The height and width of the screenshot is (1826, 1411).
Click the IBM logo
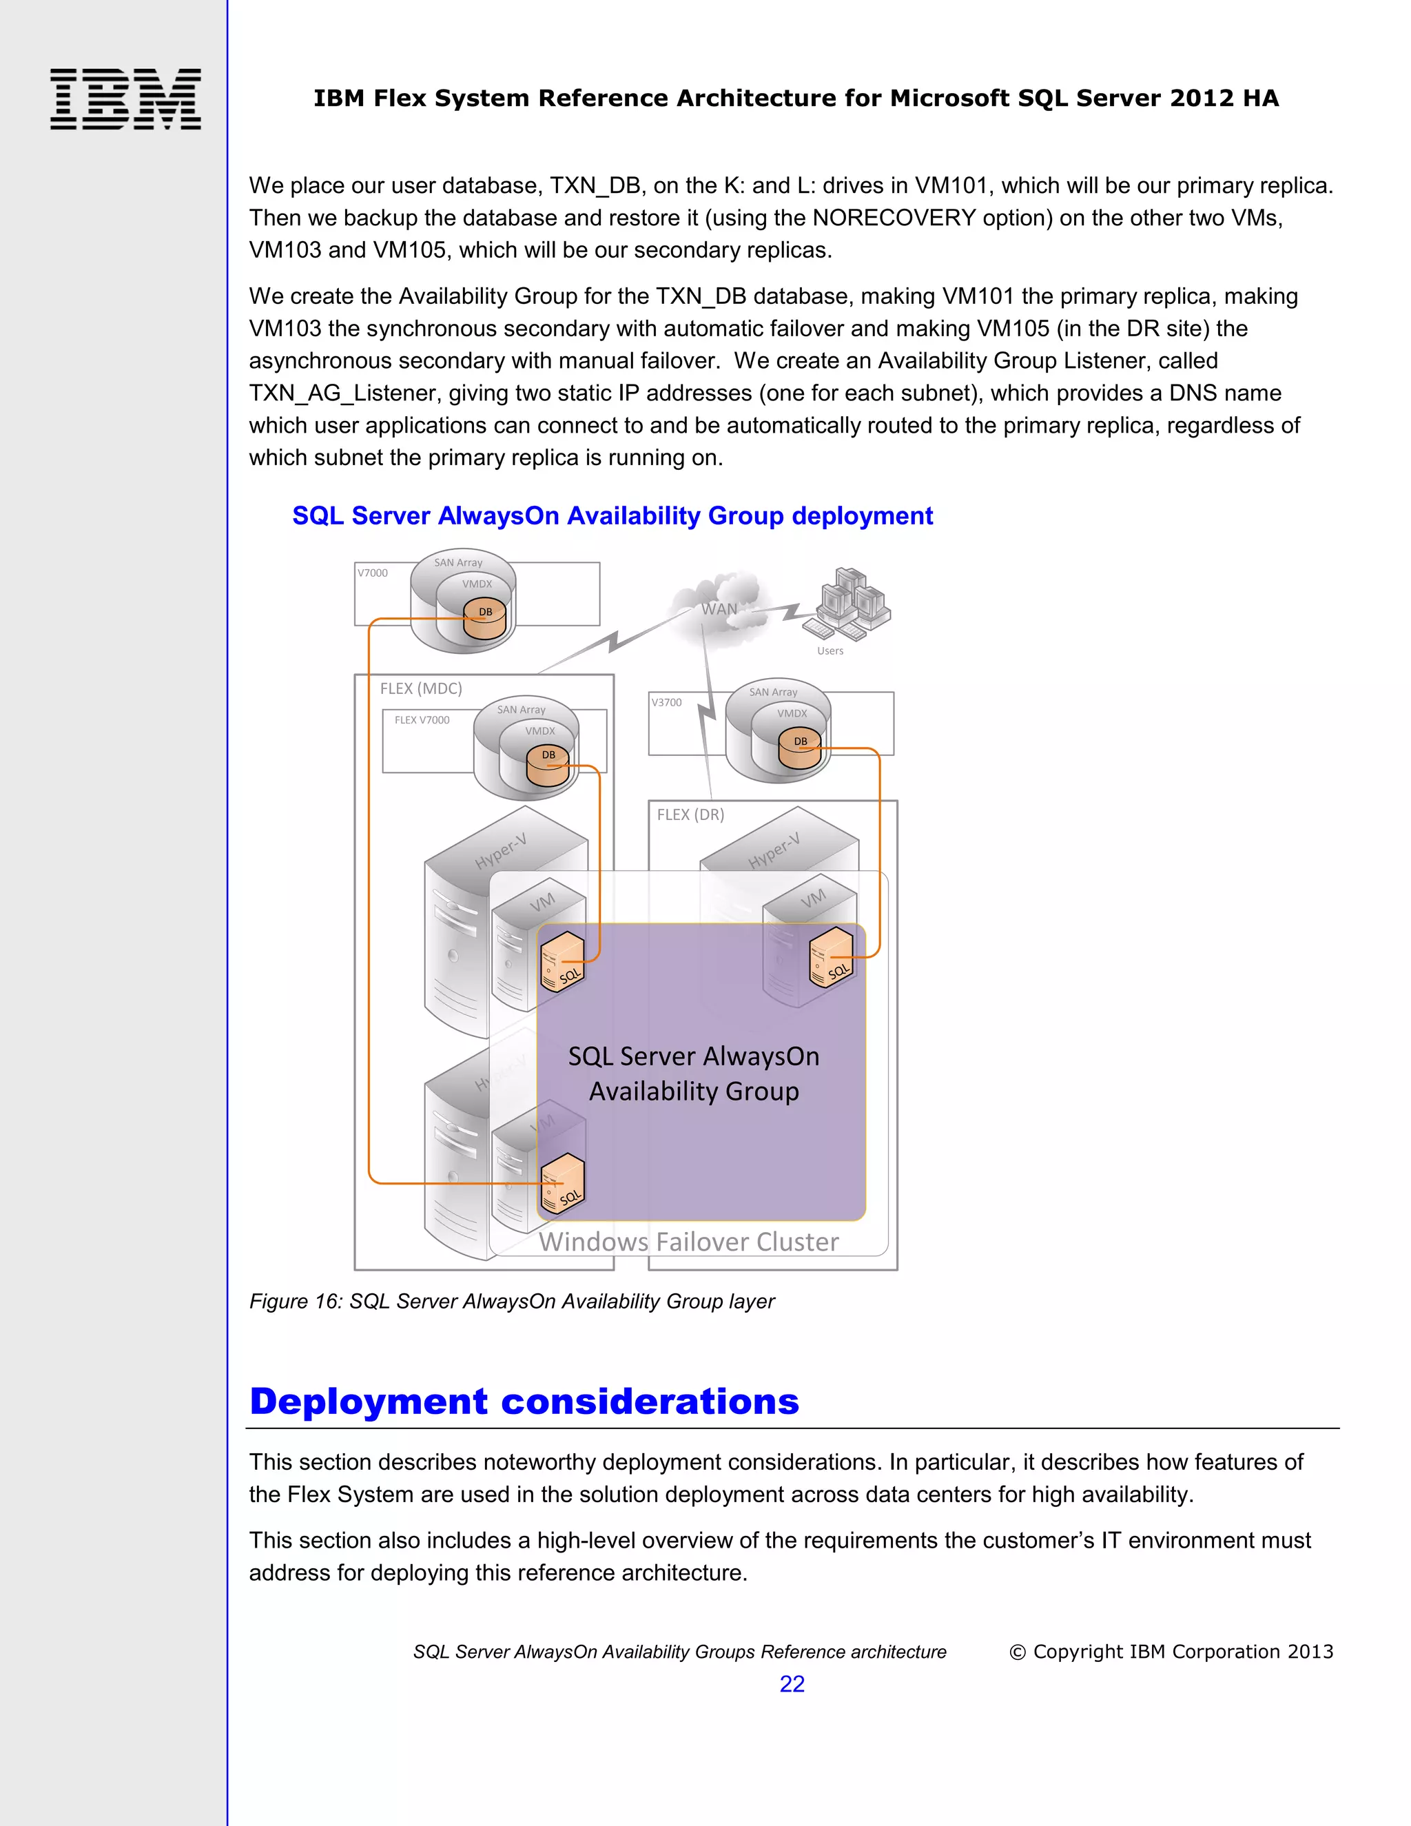coord(125,99)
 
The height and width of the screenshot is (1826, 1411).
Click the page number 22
coord(792,1683)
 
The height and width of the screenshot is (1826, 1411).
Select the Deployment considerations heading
coord(524,1402)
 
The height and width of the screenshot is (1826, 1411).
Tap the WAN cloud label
coord(719,608)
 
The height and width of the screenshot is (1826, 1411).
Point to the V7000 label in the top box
coord(373,573)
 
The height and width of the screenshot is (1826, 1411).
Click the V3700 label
coord(666,702)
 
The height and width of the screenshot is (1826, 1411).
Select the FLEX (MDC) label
coord(420,688)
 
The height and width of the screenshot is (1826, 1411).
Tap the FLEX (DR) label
coord(690,814)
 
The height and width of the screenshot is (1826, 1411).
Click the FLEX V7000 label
coord(422,720)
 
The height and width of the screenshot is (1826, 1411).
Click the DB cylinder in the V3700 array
coord(800,748)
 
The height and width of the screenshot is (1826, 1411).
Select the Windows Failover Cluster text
coord(688,1242)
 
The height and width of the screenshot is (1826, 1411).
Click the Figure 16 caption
coord(512,1301)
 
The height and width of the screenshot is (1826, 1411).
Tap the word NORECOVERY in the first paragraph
coord(894,218)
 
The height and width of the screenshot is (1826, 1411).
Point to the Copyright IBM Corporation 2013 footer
coord(1171,1651)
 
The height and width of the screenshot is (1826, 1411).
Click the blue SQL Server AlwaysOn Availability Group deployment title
coord(612,516)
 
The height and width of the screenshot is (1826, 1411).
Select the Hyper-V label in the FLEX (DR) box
coord(774,850)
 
